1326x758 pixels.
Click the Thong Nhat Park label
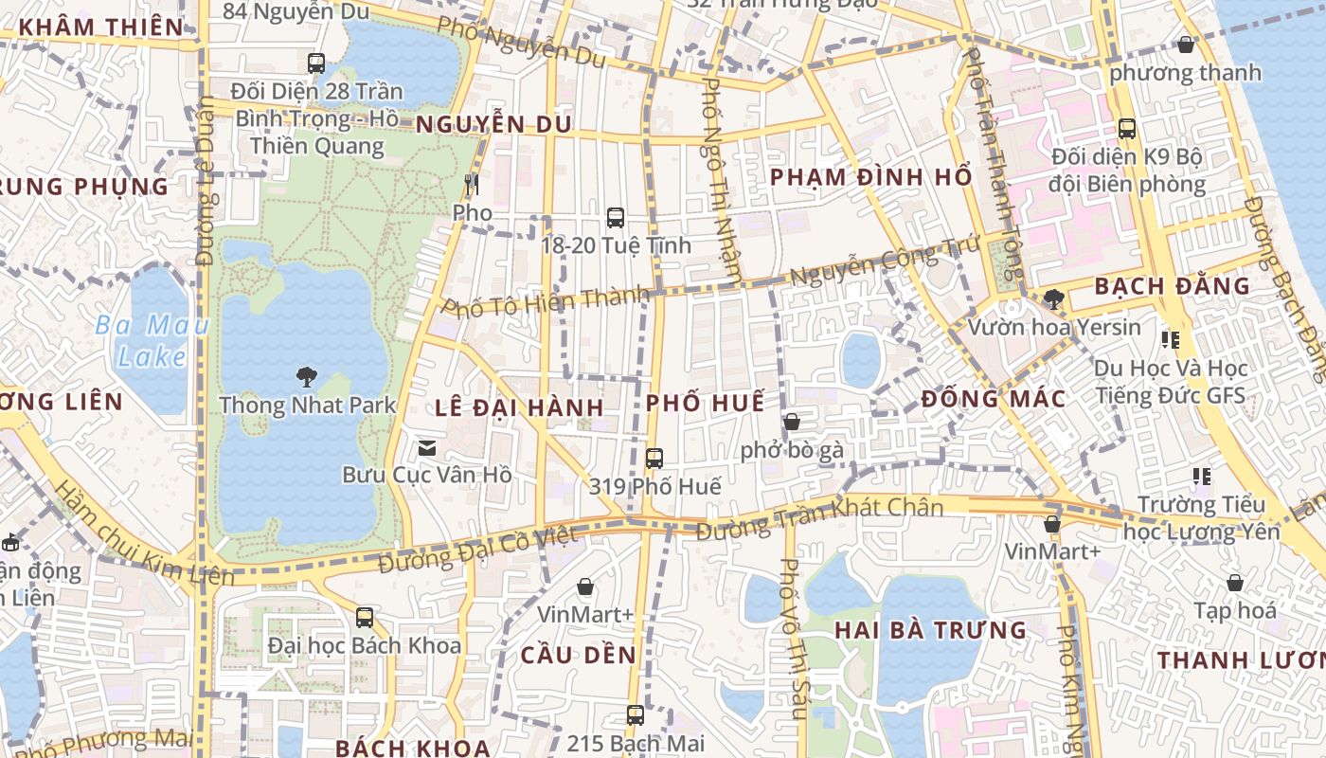308,406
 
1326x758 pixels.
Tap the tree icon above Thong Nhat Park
306,377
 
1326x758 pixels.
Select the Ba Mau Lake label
152,342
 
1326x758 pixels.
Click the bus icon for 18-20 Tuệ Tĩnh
616,218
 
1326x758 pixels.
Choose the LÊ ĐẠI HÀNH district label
519,408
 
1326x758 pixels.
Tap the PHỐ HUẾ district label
705,403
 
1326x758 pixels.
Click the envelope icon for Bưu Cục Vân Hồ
427,447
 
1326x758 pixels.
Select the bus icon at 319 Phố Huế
654,459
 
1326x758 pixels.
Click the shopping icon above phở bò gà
792,422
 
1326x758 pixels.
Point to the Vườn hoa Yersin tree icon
1053,299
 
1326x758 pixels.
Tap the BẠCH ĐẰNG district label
1172,286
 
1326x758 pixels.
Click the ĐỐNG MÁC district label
994,399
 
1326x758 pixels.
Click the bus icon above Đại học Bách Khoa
365,618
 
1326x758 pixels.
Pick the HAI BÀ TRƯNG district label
930,630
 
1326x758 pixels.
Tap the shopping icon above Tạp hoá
1235,583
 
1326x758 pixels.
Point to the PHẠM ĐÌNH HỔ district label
870,177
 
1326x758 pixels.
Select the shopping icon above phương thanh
1186,45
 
